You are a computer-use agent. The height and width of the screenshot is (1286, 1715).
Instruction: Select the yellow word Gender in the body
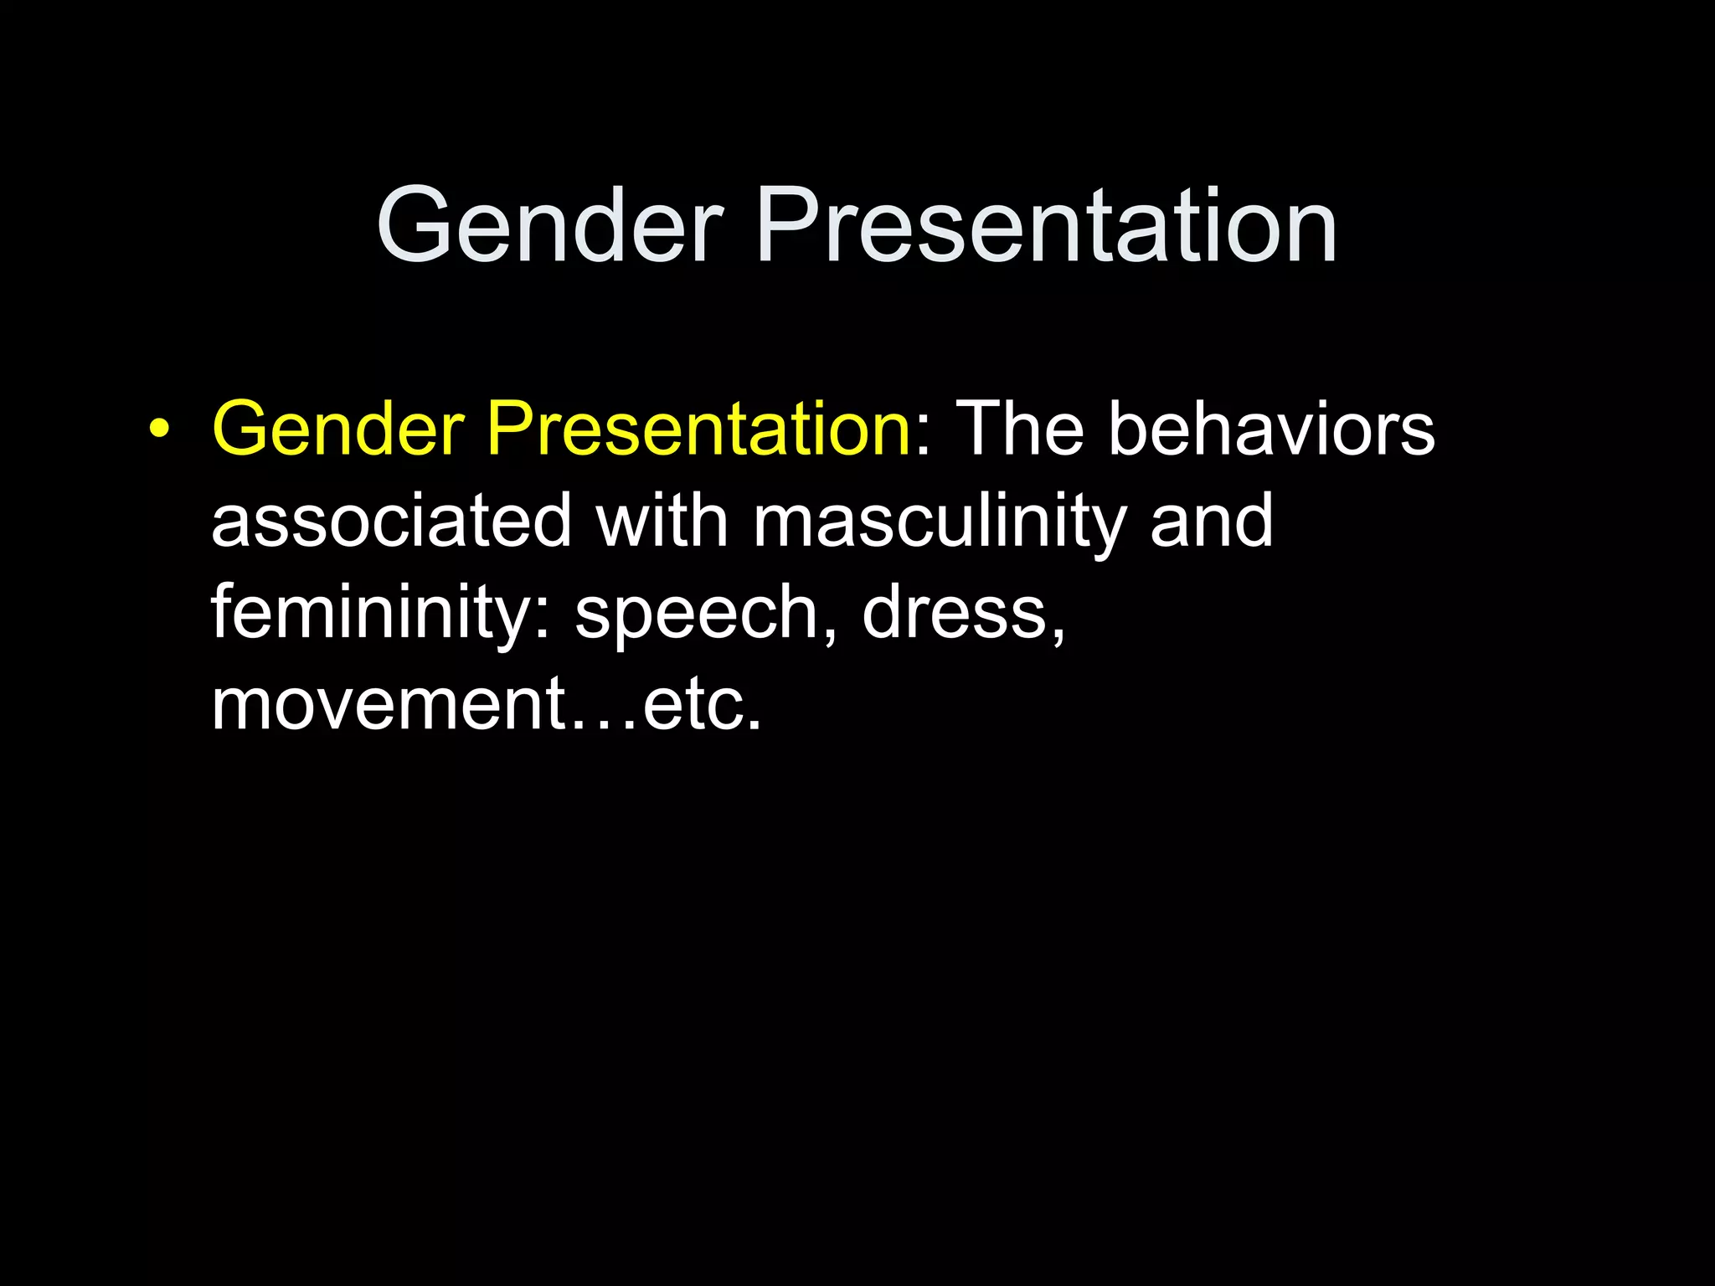point(338,429)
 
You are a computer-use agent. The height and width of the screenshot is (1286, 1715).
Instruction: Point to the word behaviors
point(1271,429)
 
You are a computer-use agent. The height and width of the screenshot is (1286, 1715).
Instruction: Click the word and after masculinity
point(1211,521)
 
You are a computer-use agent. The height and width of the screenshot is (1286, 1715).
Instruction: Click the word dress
point(955,613)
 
